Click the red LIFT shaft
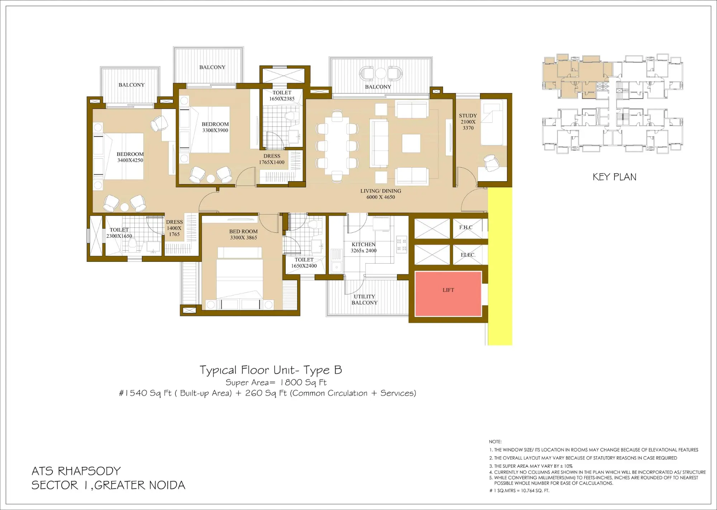tap(448, 294)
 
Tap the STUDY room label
tap(468, 121)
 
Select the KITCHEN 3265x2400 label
tap(364, 247)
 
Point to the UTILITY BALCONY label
tap(364, 299)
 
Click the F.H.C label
tap(466, 227)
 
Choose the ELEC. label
tap(468, 255)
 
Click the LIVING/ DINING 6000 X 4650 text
tap(380, 194)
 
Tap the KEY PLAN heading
tap(614, 177)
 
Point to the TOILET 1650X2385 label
tap(282, 96)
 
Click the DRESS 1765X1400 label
tap(272, 159)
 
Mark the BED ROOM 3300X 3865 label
tap(243, 235)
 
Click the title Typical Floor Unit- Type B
tap(271, 370)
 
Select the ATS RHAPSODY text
tap(76, 471)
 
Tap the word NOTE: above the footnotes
tap(495, 442)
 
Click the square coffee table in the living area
tap(411, 143)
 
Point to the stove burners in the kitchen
tap(402, 244)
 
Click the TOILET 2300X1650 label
tap(119, 233)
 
